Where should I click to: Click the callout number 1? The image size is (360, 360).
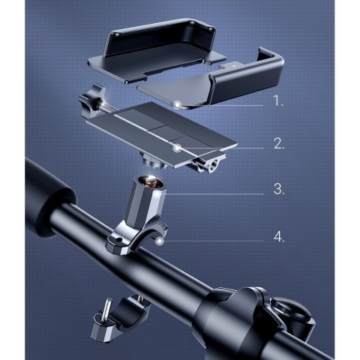[278, 101]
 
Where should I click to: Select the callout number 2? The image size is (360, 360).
[279, 144]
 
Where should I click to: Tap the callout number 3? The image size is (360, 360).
[279, 189]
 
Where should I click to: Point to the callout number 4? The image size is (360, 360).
[279, 237]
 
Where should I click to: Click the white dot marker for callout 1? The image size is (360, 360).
[178, 105]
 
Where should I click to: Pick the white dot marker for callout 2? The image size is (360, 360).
[177, 148]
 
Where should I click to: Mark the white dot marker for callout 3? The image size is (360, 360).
[157, 194]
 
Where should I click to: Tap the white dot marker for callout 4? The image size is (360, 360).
[160, 241]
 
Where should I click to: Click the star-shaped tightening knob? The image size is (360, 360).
[89, 101]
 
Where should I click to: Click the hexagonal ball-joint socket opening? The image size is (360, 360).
[151, 181]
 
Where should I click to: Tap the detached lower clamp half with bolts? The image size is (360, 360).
[119, 317]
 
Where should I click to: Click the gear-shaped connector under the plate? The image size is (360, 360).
[152, 161]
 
